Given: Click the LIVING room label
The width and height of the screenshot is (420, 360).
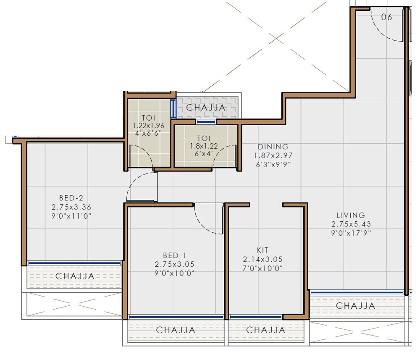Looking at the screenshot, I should (x=348, y=215).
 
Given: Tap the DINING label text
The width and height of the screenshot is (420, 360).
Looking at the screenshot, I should (x=273, y=147).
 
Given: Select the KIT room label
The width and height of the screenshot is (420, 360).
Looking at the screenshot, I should (x=262, y=250).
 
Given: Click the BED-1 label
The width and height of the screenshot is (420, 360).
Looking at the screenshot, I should (x=174, y=255).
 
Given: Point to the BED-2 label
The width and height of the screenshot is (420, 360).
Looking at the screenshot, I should (x=71, y=197).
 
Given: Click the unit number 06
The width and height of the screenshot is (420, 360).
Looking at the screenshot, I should (x=386, y=17).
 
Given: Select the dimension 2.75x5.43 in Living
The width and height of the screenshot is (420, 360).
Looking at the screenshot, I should (x=351, y=224).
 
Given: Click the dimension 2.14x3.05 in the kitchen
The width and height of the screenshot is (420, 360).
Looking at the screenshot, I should (x=262, y=259).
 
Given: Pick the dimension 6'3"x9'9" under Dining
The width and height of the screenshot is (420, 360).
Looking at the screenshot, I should (x=273, y=164).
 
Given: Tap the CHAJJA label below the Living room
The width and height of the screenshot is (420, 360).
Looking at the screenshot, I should (x=355, y=306).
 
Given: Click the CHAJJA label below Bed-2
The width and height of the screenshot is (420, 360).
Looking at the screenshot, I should (x=75, y=276).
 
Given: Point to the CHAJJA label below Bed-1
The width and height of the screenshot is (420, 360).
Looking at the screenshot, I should (x=176, y=330).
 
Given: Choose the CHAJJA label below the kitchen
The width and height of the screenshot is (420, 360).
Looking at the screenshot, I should (x=265, y=330).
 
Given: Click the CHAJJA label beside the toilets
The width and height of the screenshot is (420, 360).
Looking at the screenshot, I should (x=206, y=108).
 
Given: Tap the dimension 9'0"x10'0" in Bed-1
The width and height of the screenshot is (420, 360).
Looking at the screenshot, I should (x=174, y=273).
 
